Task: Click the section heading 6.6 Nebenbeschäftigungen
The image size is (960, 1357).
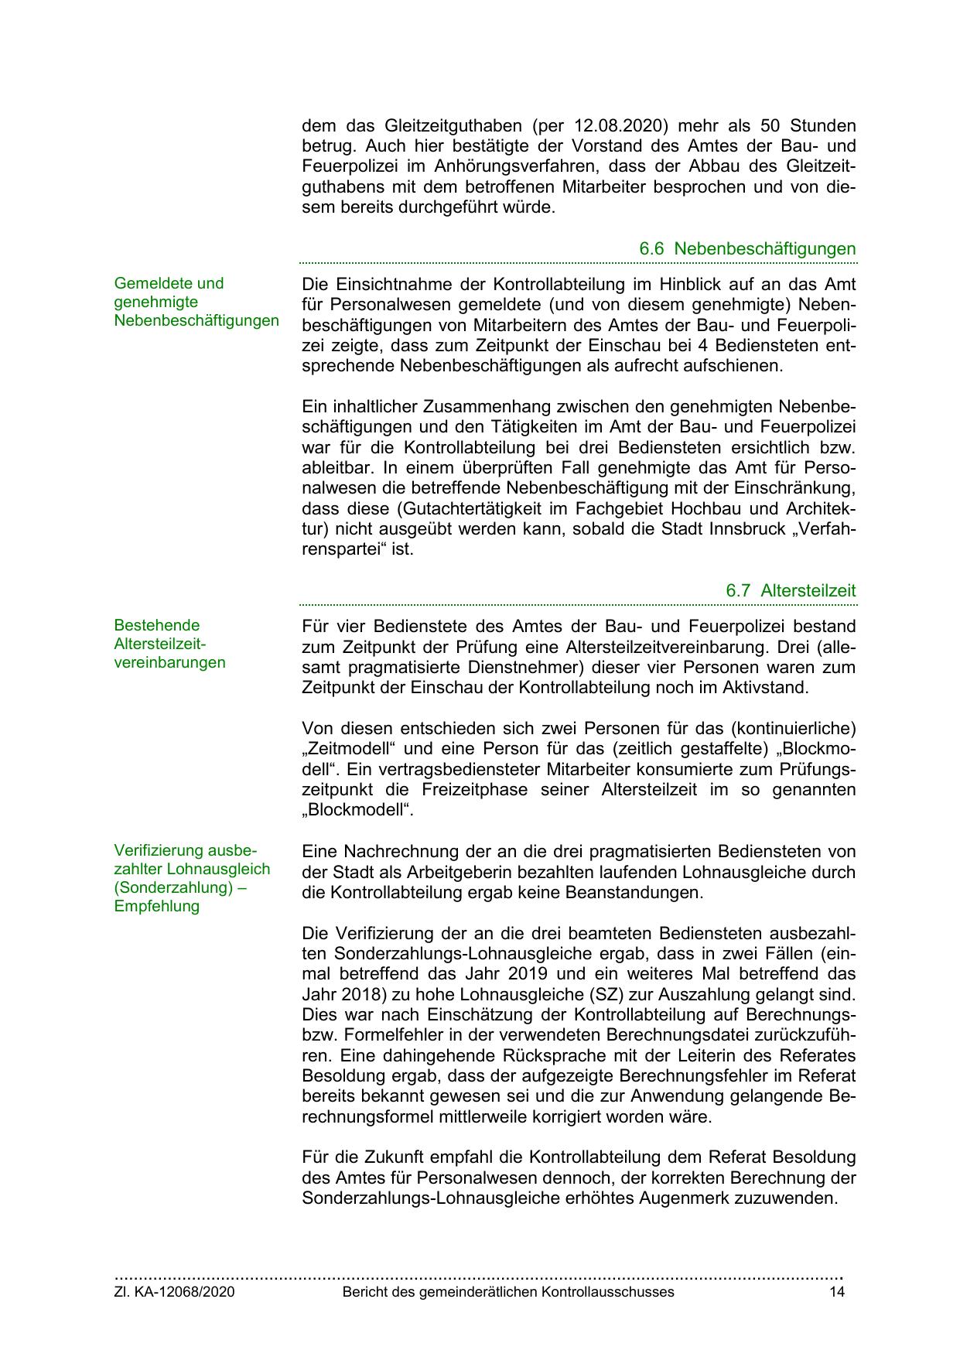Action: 747,249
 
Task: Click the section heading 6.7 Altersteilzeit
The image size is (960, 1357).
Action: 791,590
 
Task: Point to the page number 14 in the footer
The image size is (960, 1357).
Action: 836,1292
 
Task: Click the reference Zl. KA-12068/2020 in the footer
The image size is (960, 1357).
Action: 174,1292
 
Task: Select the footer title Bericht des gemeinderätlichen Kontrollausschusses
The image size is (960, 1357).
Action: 508,1292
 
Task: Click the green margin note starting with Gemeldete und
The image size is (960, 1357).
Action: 169,283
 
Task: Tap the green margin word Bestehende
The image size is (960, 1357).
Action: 156,625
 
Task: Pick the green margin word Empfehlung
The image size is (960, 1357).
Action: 156,906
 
